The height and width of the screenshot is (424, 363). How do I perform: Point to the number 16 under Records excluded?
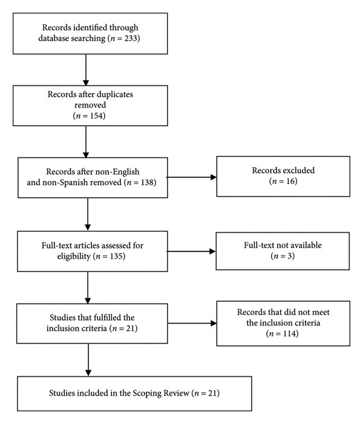[x=291, y=181]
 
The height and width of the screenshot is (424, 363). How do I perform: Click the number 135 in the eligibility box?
[x=116, y=256]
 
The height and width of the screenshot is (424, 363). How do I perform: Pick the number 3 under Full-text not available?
[x=290, y=256]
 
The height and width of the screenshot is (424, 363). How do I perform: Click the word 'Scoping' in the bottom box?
[x=148, y=393]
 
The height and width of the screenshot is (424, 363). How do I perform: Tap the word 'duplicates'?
[x=115, y=94]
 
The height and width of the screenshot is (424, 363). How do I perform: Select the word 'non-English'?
[x=121, y=172]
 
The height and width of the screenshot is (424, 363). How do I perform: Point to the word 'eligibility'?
[x=74, y=256]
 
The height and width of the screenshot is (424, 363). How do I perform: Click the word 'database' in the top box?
[x=54, y=38]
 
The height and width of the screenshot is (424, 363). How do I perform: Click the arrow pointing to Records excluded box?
[x=191, y=177]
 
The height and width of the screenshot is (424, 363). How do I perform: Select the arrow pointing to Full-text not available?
[x=191, y=252]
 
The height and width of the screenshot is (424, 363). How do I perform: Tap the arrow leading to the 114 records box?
[x=192, y=323]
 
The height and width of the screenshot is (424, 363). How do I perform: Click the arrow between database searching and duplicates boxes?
[x=86, y=70]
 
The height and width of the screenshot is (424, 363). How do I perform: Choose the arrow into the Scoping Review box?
[x=88, y=360]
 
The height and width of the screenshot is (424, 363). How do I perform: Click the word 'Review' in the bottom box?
[x=177, y=393]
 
